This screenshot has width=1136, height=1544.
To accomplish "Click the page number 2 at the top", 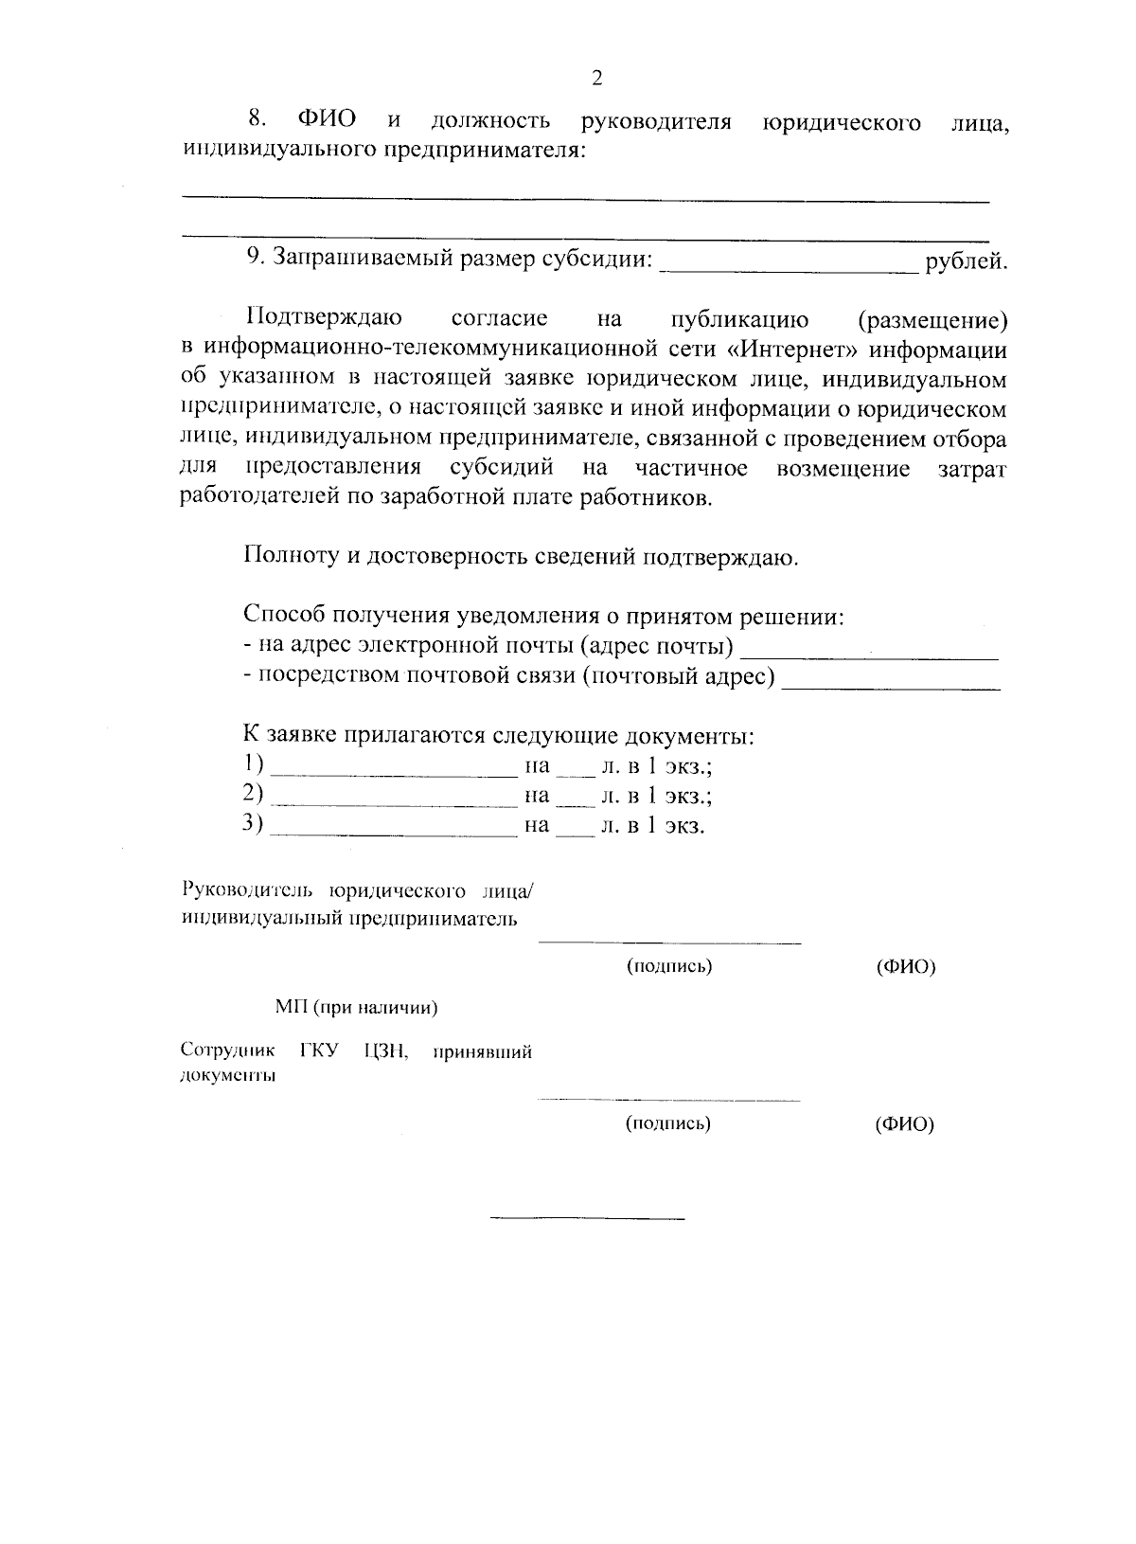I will tap(596, 79).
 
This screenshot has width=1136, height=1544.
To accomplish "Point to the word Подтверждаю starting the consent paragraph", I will tap(324, 318).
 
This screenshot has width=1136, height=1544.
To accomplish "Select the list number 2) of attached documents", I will tap(253, 794).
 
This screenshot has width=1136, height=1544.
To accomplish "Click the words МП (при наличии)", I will tap(357, 1008).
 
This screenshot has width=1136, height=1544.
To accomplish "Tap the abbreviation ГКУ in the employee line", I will tap(318, 1051).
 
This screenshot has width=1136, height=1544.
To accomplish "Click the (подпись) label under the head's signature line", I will tap(669, 966).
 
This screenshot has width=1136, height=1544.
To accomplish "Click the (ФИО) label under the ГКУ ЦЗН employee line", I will tap(905, 1124).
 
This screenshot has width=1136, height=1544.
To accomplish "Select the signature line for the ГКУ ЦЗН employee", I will tap(668, 1100).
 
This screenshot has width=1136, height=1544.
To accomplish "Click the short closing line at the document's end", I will tap(588, 1217).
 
